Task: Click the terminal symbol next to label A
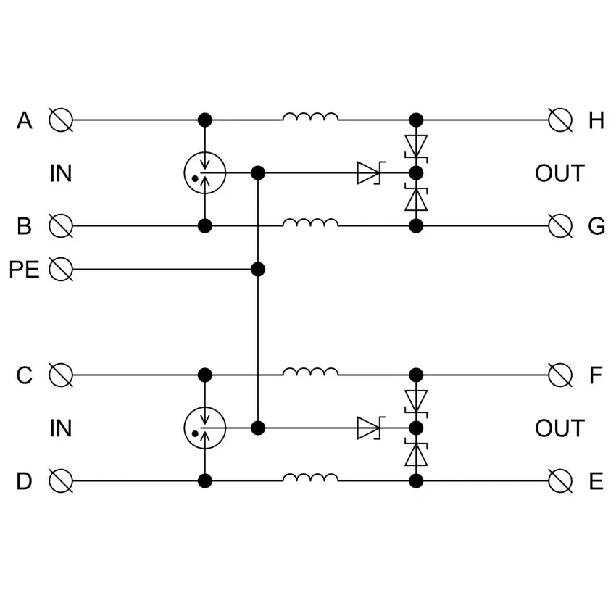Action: click(61, 120)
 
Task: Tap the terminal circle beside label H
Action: click(559, 120)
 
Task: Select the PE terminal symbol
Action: click(61, 269)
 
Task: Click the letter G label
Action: click(596, 226)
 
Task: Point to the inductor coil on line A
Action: click(310, 117)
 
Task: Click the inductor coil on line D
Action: click(310, 478)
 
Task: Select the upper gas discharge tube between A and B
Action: click(204, 173)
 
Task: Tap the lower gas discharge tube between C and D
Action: click(204, 428)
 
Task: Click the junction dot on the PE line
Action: click(258, 269)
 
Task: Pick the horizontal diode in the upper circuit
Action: click(370, 173)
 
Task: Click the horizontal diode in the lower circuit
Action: click(370, 428)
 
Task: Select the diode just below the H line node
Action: click(416, 146)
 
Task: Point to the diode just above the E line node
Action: click(416, 454)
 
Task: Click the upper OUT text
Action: click(559, 173)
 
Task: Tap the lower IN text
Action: click(60, 428)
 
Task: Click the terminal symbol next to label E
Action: click(559, 481)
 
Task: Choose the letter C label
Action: click(24, 375)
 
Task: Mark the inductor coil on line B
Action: click(310, 222)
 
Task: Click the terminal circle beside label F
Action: click(559, 375)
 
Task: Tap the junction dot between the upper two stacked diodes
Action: click(416, 173)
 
